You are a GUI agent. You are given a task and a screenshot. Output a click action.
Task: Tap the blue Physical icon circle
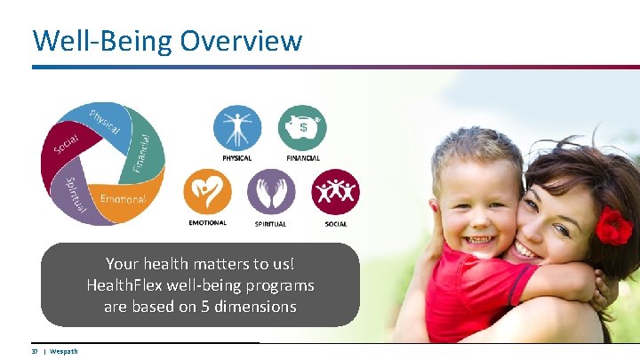pyautogui.click(x=237, y=128)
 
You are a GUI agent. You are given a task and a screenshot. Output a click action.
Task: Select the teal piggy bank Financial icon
pyautogui.click(x=303, y=128)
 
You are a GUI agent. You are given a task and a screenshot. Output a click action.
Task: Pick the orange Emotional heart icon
pyautogui.click(x=207, y=191)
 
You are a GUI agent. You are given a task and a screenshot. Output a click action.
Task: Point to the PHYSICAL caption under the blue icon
pyautogui.click(x=237, y=158)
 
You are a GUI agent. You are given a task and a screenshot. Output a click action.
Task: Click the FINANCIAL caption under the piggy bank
pyautogui.click(x=303, y=158)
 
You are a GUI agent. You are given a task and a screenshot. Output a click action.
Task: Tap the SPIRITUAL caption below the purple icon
pyautogui.click(x=271, y=224)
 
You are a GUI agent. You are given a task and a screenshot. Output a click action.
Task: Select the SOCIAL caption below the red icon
pyautogui.click(x=336, y=224)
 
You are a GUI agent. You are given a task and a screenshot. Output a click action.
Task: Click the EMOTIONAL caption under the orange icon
pyautogui.click(x=207, y=223)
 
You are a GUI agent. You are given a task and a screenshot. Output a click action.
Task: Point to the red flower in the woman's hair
pyautogui.click(x=613, y=225)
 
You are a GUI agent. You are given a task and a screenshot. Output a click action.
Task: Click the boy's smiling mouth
pyautogui.click(x=479, y=240)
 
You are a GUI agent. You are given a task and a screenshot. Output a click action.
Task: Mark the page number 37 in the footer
pyautogui.click(x=36, y=351)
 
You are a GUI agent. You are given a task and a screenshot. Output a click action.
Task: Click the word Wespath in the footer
pyautogui.click(x=64, y=351)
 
